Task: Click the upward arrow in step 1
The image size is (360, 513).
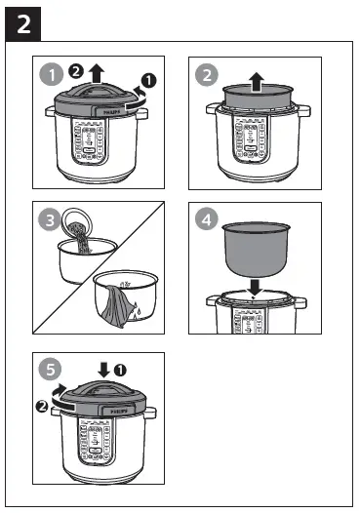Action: [x=95, y=73]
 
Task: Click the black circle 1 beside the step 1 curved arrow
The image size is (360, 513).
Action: [x=148, y=78]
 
